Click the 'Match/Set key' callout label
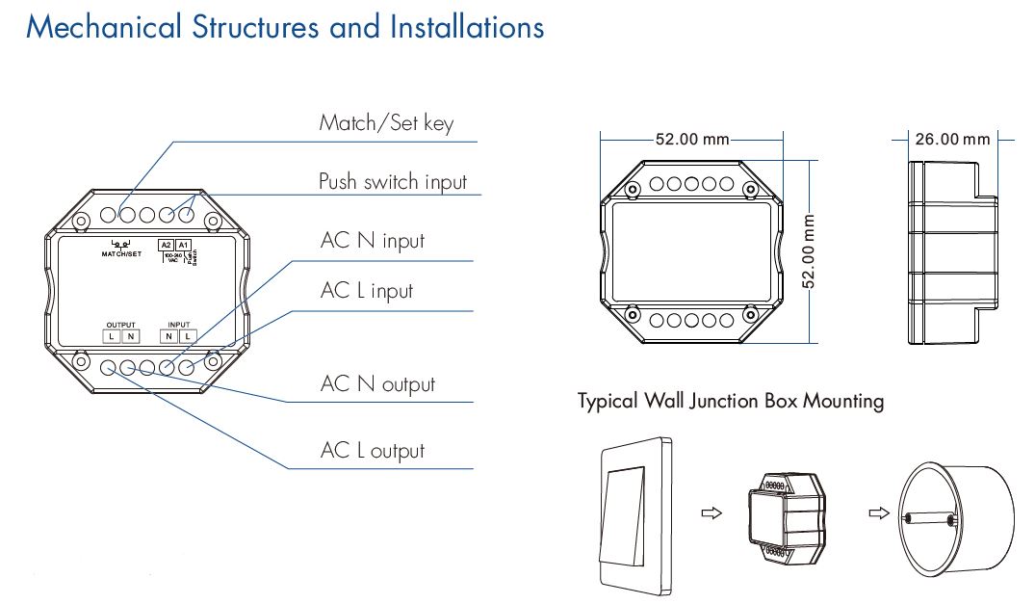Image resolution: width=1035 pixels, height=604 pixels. [x=385, y=123]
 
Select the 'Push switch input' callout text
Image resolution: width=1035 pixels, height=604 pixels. [x=392, y=181]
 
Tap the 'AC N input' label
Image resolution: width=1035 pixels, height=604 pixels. [x=372, y=241]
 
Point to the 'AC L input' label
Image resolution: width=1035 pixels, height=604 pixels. [x=366, y=291]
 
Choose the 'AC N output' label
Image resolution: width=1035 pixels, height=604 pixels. [x=377, y=384]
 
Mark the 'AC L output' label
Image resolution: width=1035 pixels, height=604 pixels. [x=372, y=451]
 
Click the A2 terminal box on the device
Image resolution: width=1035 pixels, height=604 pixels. [x=166, y=246]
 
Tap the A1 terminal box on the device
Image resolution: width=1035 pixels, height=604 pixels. [x=184, y=246]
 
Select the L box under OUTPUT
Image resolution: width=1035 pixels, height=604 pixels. [x=112, y=335]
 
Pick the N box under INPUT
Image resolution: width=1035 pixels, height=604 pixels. [x=169, y=335]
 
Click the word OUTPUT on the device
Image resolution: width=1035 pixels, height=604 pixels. [x=120, y=325]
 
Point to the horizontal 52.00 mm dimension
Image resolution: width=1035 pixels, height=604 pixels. [x=691, y=140]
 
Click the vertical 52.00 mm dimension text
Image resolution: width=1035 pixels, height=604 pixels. [x=810, y=251]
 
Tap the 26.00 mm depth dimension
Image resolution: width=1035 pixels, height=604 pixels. [x=951, y=140]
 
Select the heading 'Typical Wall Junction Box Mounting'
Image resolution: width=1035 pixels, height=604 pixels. [x=730, y=401]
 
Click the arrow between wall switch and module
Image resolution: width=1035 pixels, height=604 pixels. [x=711, y=514]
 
